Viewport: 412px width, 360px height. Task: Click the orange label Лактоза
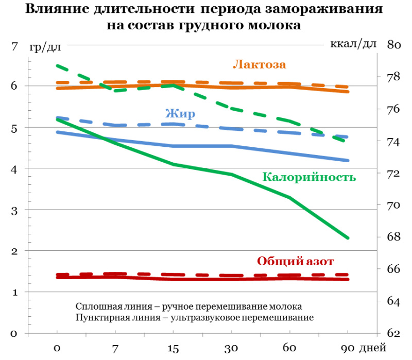259,64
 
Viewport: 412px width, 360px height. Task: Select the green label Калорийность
309,177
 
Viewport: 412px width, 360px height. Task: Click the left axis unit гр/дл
45,47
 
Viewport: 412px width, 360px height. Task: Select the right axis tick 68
394,237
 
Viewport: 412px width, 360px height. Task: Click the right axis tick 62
394,333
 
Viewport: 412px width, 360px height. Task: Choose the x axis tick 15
174,349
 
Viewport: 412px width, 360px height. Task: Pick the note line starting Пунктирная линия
194,317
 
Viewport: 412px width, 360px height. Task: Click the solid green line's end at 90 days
348,238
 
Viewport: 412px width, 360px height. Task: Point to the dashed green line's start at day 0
57,65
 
